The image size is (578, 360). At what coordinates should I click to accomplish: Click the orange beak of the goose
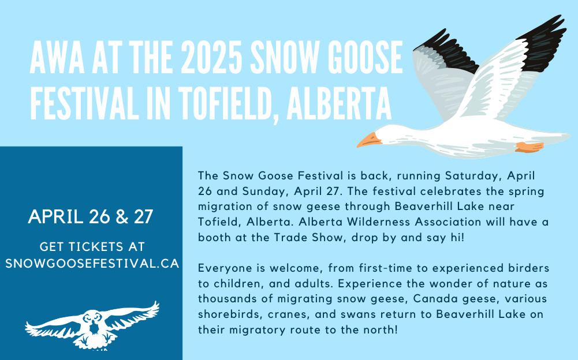coord(368,140)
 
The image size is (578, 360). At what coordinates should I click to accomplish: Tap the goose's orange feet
coord(529,147)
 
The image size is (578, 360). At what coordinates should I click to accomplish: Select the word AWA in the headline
coord(57,57)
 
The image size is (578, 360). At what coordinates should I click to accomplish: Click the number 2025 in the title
coord(211,57)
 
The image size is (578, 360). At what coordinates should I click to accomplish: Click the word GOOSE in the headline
coord(365,57)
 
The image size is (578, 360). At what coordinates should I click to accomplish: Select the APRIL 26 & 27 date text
coord(90,217)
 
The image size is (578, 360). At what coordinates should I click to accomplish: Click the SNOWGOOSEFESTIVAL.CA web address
coord(92,264)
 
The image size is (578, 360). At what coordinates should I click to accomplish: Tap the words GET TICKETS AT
coord(92,246)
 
